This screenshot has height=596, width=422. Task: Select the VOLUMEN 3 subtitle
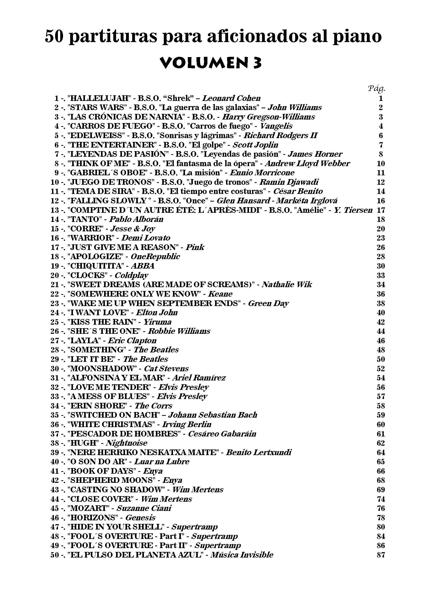point(211,63)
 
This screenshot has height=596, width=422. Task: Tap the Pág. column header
point(377,89)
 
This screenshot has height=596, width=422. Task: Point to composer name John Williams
point(294,108)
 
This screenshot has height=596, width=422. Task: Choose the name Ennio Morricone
point(262,173)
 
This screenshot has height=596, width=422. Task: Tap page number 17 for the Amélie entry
point(381,210)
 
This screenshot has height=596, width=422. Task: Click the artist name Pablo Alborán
point(136,219)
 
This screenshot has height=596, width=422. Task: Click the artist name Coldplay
point(131,275)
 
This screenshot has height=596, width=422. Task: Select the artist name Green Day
point(268,303)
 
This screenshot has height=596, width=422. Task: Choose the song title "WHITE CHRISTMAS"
point(111,425)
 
